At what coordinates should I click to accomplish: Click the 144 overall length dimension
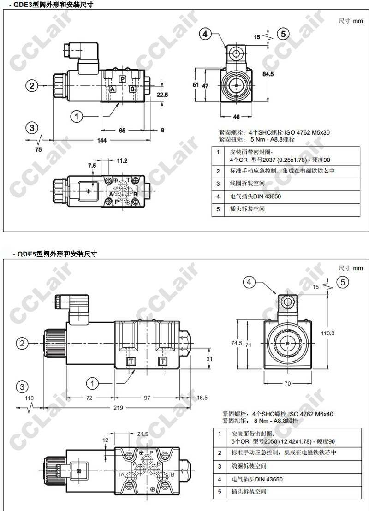point(102,141)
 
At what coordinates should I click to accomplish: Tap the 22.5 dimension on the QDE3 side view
point(162,95)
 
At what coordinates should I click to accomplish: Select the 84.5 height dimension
point(268,74)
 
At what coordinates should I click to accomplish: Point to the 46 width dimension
point(236,116)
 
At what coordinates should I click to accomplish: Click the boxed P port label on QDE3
point(122,78)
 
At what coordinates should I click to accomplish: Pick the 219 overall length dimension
point(118,408)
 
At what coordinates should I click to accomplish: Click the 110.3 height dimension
point(327,333)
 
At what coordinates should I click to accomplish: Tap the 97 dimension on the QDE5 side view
point(147,398)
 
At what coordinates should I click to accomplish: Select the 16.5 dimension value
point(202,398)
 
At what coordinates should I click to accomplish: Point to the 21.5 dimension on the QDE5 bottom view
point(143,434)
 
